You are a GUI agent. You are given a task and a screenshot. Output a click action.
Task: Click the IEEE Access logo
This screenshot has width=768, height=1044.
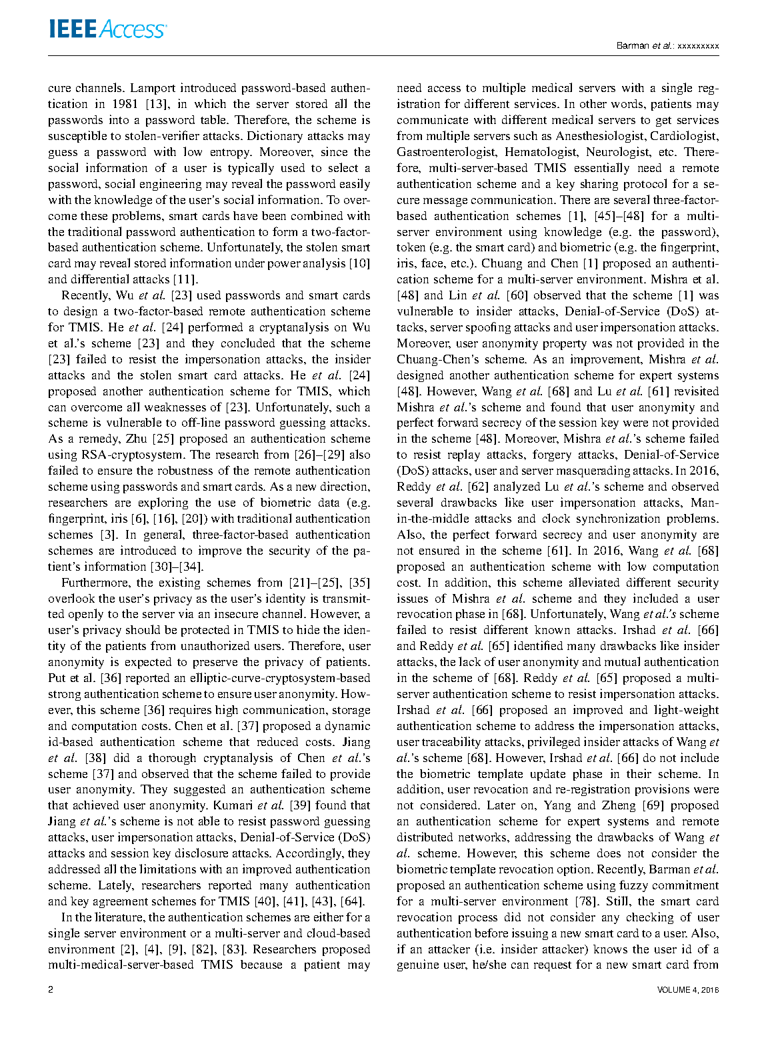107,29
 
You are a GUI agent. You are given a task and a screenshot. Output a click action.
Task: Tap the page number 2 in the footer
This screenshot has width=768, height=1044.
51,989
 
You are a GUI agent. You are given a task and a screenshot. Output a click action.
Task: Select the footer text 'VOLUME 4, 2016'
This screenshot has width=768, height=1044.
687,990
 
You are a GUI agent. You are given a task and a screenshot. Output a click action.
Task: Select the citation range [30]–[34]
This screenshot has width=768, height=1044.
176,567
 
